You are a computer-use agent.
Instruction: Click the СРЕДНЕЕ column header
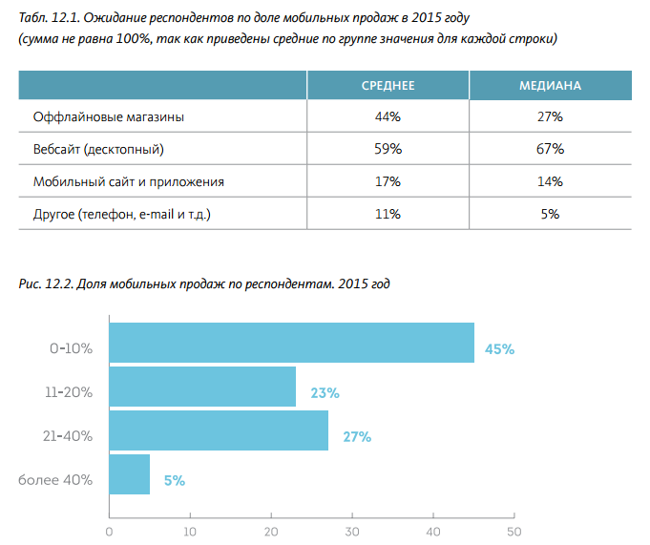(388, 86)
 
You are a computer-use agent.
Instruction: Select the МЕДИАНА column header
(550, 86)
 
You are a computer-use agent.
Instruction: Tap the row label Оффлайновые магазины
(108, 117)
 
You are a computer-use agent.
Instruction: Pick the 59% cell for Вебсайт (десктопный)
(388, 150)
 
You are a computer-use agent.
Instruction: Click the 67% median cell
(551, 150)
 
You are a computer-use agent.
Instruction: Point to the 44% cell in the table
(388, 117)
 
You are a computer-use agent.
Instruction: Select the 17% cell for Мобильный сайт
(388, 181)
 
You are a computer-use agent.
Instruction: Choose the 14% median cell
(551, 181)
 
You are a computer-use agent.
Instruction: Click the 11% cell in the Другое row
(388, 214)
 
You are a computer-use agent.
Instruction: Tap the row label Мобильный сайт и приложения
(129, 181)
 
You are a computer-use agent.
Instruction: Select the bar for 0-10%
(291, 343)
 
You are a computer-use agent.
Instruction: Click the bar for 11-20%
(202, 387)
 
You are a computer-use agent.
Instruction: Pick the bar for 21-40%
(219, 430)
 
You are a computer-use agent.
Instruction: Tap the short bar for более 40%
(130, 474)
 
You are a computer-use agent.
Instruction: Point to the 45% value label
(499, 349)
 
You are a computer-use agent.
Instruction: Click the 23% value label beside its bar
(325, 393)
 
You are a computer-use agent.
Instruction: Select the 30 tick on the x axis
(352, 531)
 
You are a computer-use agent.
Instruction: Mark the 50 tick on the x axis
(514, 531)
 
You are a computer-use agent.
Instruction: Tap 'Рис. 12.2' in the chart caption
(45, 284)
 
